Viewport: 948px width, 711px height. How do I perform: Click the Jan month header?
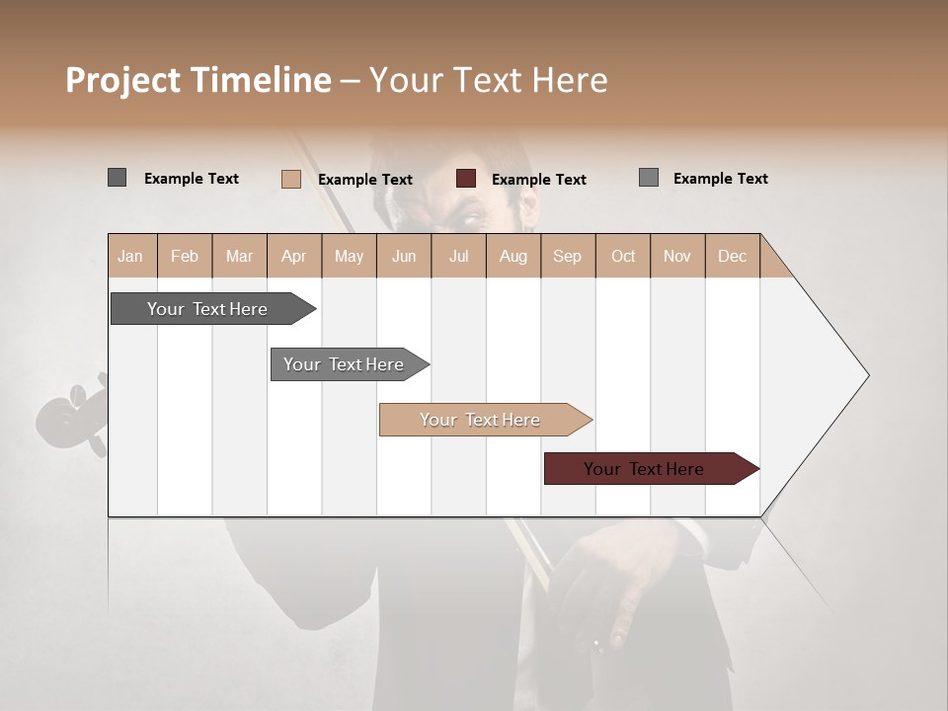[x=131, y=256]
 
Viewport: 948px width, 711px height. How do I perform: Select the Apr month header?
[x=294, y=256]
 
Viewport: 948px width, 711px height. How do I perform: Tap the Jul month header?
[x=458, y=256]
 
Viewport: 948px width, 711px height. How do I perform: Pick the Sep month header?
[x=567, y=256]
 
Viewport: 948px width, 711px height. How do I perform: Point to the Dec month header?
[x=732, y=256]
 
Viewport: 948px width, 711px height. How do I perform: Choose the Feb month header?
[x=185, y=256]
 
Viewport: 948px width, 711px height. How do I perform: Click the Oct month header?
[x=623, y=256]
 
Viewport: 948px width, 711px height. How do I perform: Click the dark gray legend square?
[x=118, y=178]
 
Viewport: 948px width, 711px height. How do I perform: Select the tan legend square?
[x=291, y=179]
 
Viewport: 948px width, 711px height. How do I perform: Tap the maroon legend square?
[x=466, y=179]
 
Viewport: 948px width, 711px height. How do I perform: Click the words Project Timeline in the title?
[x=198, y=80]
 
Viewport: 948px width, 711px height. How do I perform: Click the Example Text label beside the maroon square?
[x=538, y=180]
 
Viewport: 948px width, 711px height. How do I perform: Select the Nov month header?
[x=677, y=256]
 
